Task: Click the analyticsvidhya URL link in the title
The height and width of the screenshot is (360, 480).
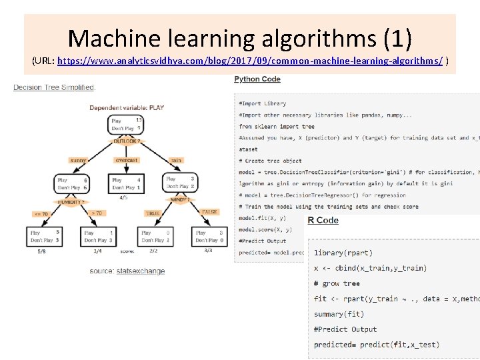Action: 250,61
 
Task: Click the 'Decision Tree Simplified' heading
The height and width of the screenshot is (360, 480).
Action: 55,87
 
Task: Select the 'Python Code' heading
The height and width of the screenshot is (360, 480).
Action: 257,79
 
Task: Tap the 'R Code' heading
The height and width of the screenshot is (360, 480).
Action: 323,221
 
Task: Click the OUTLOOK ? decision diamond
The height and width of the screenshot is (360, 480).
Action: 125,141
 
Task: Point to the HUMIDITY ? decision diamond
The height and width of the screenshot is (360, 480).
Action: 72,202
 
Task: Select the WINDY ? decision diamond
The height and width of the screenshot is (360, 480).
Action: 180,199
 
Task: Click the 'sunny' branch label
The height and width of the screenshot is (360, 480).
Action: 78,160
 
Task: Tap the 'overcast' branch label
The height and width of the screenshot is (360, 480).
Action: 126,160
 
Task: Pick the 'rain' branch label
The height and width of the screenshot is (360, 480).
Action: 176,160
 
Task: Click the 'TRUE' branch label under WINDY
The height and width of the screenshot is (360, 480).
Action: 153,213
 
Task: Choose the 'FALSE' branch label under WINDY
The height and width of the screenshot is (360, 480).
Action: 209,212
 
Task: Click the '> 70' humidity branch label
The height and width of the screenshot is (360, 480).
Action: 97,213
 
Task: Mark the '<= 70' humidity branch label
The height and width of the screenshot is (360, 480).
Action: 42,214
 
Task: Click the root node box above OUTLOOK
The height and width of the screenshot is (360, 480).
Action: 125,124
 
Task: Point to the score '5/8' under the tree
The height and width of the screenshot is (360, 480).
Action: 42,251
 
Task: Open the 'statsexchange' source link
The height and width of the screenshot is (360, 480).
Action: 141,271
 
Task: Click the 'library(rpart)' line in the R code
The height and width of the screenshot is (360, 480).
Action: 343,253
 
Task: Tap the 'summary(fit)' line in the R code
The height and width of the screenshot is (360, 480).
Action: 339,314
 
